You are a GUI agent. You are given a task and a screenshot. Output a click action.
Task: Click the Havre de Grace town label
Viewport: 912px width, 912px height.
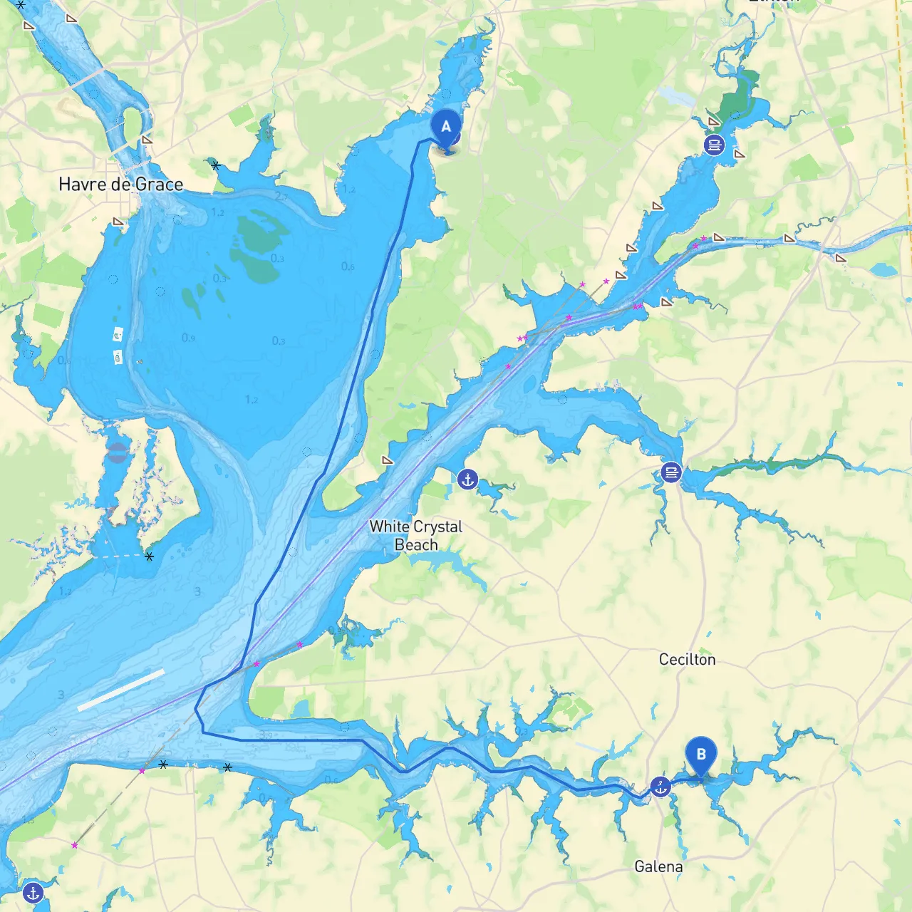120,185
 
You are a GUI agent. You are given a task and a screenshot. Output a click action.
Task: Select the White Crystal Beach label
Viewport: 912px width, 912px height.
416,535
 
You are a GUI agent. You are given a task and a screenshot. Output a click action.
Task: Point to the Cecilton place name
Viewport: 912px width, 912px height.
687,660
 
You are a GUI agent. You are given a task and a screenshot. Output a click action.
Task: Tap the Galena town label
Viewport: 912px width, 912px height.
658,866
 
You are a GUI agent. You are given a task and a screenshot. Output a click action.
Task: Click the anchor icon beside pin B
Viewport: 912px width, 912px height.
661,787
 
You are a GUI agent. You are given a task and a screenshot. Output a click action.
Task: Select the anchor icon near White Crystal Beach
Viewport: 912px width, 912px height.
467,480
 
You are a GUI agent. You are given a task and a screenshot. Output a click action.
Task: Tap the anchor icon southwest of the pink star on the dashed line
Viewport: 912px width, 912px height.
33,892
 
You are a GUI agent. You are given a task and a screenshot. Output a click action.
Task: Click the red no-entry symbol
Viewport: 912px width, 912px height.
118,452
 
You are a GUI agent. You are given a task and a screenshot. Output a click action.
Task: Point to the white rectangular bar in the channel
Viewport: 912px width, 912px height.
120,690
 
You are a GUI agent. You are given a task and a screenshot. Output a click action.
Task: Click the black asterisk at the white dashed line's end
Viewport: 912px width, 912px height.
149,556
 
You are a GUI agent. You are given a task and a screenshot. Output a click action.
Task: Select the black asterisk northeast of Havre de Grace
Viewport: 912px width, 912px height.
216,166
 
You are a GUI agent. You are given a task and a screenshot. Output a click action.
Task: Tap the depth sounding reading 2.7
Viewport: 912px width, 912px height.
281,197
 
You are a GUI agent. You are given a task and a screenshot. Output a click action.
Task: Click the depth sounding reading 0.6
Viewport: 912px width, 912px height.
348,266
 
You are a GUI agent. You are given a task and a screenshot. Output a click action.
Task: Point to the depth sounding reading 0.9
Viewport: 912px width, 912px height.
188,338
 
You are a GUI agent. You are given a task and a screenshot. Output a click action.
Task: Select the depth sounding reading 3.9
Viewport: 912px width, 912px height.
266,735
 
